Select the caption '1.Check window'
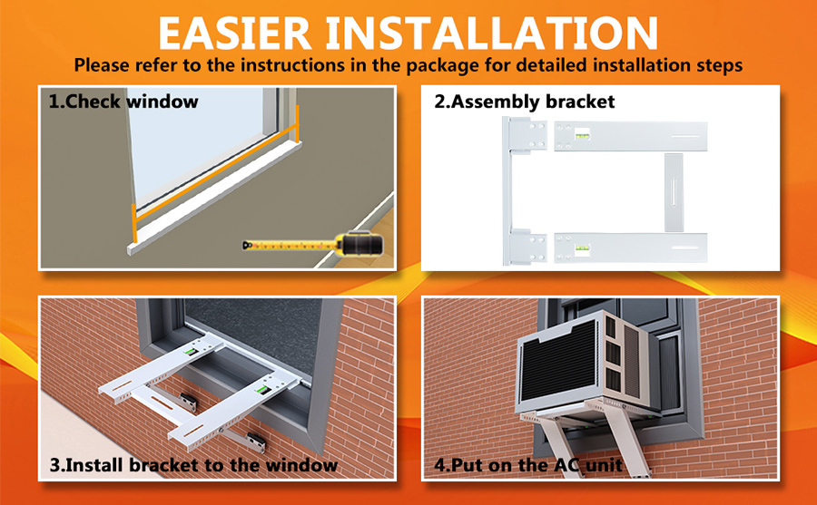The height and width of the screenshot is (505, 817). click(x=123, y=101)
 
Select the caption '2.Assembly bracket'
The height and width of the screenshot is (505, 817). click(x=524, y=101)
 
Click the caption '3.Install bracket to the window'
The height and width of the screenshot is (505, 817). click(x=193, y=466)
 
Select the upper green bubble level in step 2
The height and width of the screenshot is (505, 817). click(x=583, y=137)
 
